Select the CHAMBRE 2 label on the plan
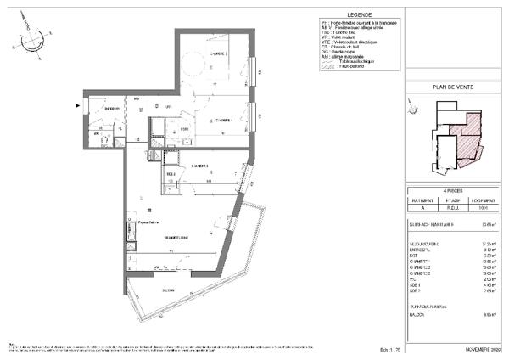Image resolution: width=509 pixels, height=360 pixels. coord(199,165)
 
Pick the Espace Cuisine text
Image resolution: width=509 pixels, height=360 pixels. coord(138,223)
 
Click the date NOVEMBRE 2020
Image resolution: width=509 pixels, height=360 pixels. coord(484,349)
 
